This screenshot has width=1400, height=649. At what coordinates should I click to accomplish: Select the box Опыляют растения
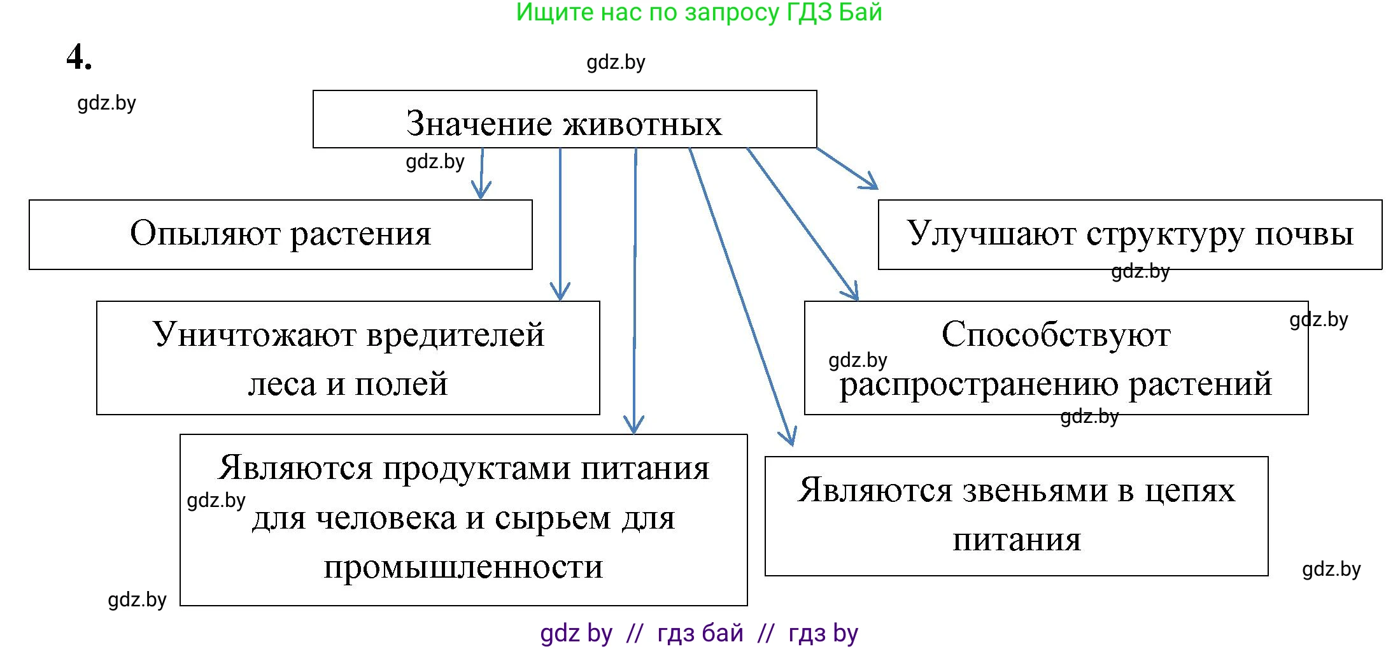click(x=280, y=234)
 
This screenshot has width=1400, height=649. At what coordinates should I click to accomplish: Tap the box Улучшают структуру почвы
click(x=1129, y=234)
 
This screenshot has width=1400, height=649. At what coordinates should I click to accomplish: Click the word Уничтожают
click(x=255, y=335)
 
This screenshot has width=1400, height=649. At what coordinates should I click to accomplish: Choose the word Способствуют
click(x=1056, y=335)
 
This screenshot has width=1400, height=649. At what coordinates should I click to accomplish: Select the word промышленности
click(x=463, y=566)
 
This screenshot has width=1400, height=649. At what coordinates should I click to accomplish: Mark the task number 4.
click(x=78, y=57)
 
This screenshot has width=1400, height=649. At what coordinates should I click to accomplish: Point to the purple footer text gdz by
click(x=576, y=633)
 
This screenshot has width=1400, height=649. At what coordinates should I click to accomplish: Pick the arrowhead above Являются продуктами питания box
click(x=633, y=426)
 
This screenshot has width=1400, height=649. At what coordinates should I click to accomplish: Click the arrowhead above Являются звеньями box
click(x=789, y=438)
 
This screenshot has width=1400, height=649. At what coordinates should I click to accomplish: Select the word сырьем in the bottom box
click(x=553, y=518)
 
